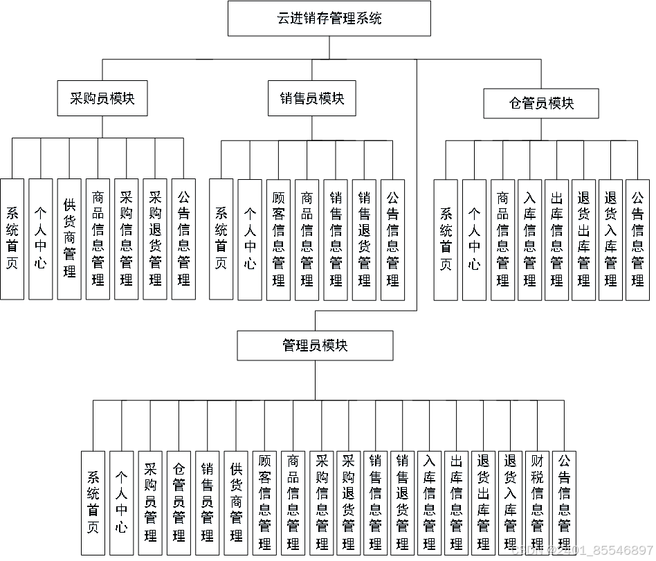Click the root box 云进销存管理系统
click(x=329, y=19)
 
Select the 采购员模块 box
click(x=102, y=98)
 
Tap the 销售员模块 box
click(x=311, y=98)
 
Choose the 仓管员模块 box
click(x=541, y=104)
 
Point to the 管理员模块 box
click(x=315, y=345)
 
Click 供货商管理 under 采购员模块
click(x=69, y=239)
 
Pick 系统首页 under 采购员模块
click(x=12, y=239)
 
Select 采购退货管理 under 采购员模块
click(x=155, y=239)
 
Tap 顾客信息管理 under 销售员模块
click(x=278, y=239)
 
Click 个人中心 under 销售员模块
click(x=250, y=239)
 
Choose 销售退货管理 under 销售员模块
click(x=364, y=239)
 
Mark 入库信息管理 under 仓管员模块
click(x=529, y=239)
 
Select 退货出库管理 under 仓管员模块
click(x=583, y=239)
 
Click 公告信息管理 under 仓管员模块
click(x=637, y=239)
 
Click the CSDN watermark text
click(x=581, y=551)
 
